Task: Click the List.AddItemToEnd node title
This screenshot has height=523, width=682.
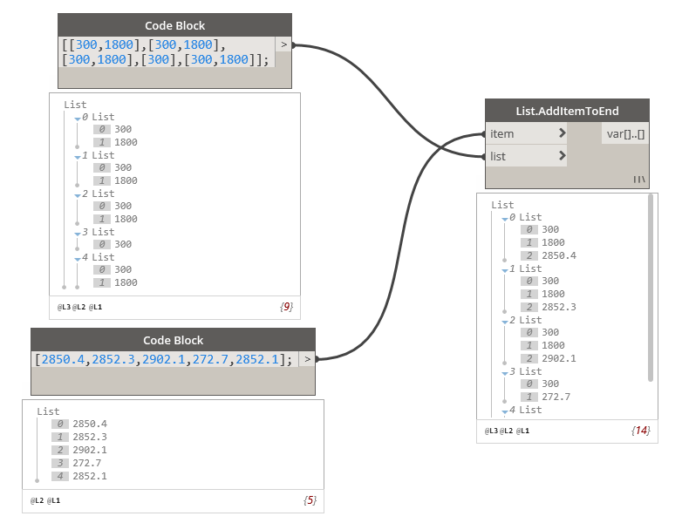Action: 567,111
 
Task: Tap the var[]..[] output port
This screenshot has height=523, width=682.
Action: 626,133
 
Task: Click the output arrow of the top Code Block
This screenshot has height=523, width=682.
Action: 283,44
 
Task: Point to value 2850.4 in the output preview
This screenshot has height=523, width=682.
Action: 558,255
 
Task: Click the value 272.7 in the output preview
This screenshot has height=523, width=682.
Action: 556,397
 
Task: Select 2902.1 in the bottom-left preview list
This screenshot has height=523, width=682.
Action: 90,450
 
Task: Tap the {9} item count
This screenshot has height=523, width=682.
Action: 286,307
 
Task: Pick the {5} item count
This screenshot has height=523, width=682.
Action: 310,500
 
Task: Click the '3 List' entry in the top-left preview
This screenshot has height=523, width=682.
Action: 98,232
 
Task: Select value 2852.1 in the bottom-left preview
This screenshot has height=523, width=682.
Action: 90,476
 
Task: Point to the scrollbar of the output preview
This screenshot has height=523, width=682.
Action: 651,288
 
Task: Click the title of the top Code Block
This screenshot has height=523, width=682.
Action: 174,25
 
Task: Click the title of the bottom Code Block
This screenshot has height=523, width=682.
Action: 173,340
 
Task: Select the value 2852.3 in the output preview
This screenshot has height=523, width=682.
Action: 558,307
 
